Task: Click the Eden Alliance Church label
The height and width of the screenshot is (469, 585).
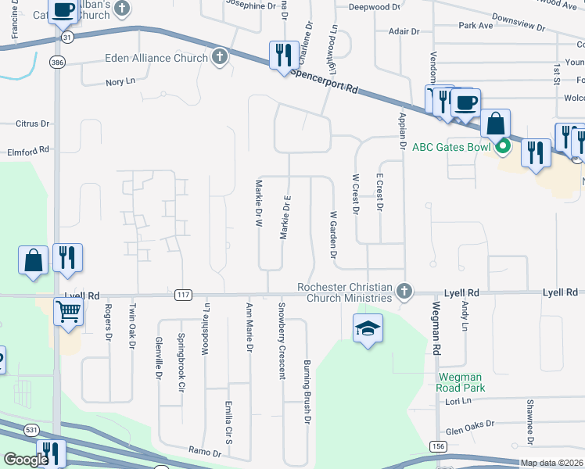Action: [x=156, y=58]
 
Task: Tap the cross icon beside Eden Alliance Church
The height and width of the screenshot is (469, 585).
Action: [x=220, y=57]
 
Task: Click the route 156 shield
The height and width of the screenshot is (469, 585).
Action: [x=438, y=446]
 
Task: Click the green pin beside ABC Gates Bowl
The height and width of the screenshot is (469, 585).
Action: [x=504, y=146]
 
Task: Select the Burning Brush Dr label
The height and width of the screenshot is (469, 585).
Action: [x=307, y=392]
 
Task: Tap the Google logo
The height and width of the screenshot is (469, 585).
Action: [x=26, y=460]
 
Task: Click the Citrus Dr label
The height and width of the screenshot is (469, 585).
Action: [x=32, y=124]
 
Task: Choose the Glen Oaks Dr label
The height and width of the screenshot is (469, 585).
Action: [x=469, y=428]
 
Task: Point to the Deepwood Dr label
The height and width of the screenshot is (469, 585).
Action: [x=374, y=6]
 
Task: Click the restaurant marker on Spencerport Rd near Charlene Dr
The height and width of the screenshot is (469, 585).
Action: [x=284, y=55]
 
